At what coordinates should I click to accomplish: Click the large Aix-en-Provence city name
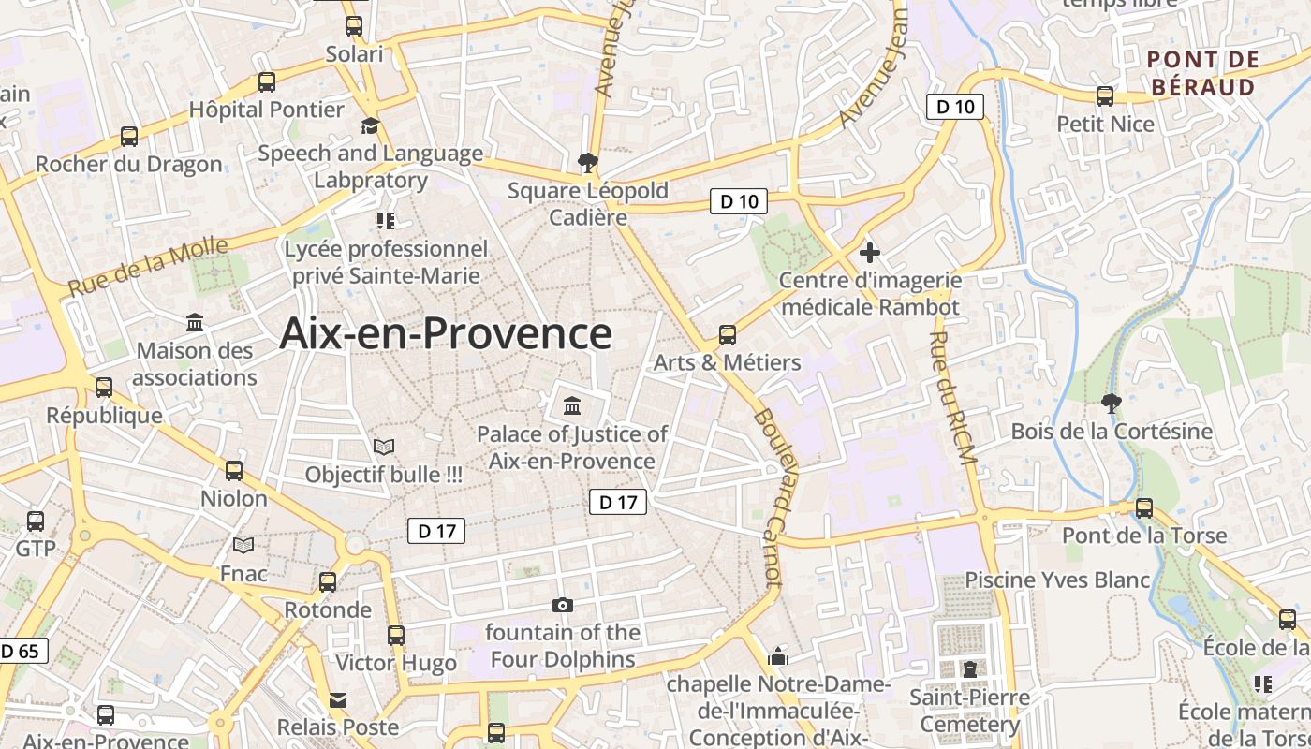[446, 333]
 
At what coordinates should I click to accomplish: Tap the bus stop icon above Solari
[353, 26]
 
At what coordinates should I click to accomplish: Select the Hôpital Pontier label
[267, 110]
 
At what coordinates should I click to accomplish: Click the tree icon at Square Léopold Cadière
[588, 164]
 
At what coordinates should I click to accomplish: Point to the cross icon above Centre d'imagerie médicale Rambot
[870, 252]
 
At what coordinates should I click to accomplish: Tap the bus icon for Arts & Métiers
[728, 334]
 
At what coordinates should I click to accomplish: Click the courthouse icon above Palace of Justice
[572, 406]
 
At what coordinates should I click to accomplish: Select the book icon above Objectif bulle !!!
[384, 447]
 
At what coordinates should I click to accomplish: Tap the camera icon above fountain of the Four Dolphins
[562, 605]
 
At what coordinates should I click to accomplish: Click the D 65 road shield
[21, 651]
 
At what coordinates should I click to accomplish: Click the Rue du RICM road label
[953, 397]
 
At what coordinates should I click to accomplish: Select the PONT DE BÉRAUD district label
[1202, 73]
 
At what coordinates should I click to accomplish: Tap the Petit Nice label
[1105, 124]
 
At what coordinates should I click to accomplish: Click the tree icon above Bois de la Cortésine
[1112, 404]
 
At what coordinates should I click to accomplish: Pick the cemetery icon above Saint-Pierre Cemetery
[969, 669]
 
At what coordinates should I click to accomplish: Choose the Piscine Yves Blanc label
[1057, 580]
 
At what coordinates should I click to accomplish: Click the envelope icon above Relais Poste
[337, 699]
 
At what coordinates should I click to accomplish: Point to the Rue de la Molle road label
[148, 267]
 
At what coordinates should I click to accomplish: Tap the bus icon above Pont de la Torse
[1143, 507]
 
